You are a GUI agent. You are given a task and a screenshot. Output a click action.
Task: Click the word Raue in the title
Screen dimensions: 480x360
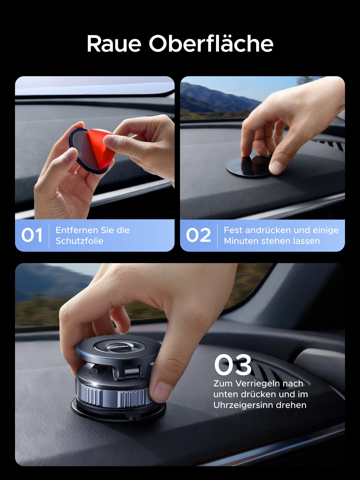pos(114,44)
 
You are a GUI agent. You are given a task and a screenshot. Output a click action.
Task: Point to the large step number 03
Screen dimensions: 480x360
pos(233,365)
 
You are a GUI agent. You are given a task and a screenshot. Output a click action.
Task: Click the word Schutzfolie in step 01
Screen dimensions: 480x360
pos(79,241)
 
